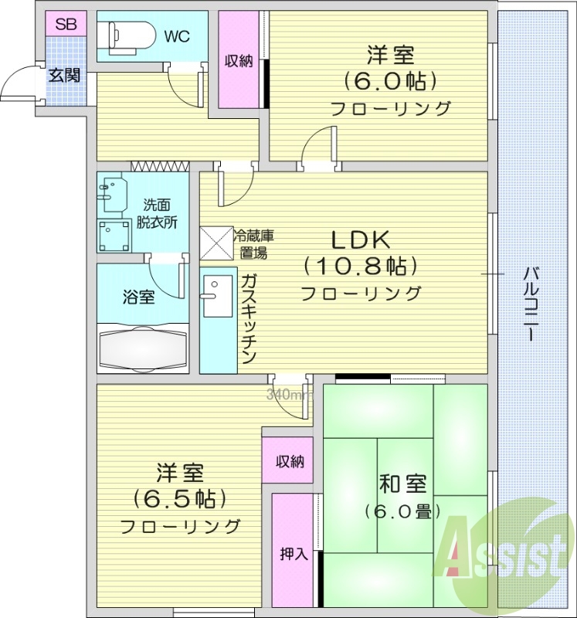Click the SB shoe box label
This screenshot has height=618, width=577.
coord(66,24)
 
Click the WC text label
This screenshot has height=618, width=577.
coord(177,36)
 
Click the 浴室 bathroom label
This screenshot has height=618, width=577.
coord(138,297)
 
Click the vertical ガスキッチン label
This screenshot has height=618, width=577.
coord(248,318)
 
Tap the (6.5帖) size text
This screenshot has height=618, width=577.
coord(179,498)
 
